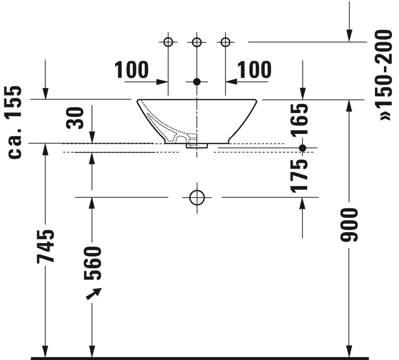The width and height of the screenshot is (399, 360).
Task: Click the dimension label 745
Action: pyautogui.click(x=45, y=246)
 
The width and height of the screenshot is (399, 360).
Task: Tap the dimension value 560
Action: pyautogui.click(x=92, y=263)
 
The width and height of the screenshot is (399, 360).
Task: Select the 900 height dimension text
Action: pyautogui.click(x=349, y=225)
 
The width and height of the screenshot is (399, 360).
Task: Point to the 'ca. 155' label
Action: pyautogui.click(x=15, y=122)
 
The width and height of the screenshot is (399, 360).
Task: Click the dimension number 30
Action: pyautogui.click(x=75, y=118)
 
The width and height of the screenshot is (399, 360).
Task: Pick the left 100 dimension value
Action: pyautogui.click(x=132, y=69)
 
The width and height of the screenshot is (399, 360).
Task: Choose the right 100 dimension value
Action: pyautogui.click(x=254, y=69)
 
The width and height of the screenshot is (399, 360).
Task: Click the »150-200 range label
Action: pyautogui.click(x=385, y=75)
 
